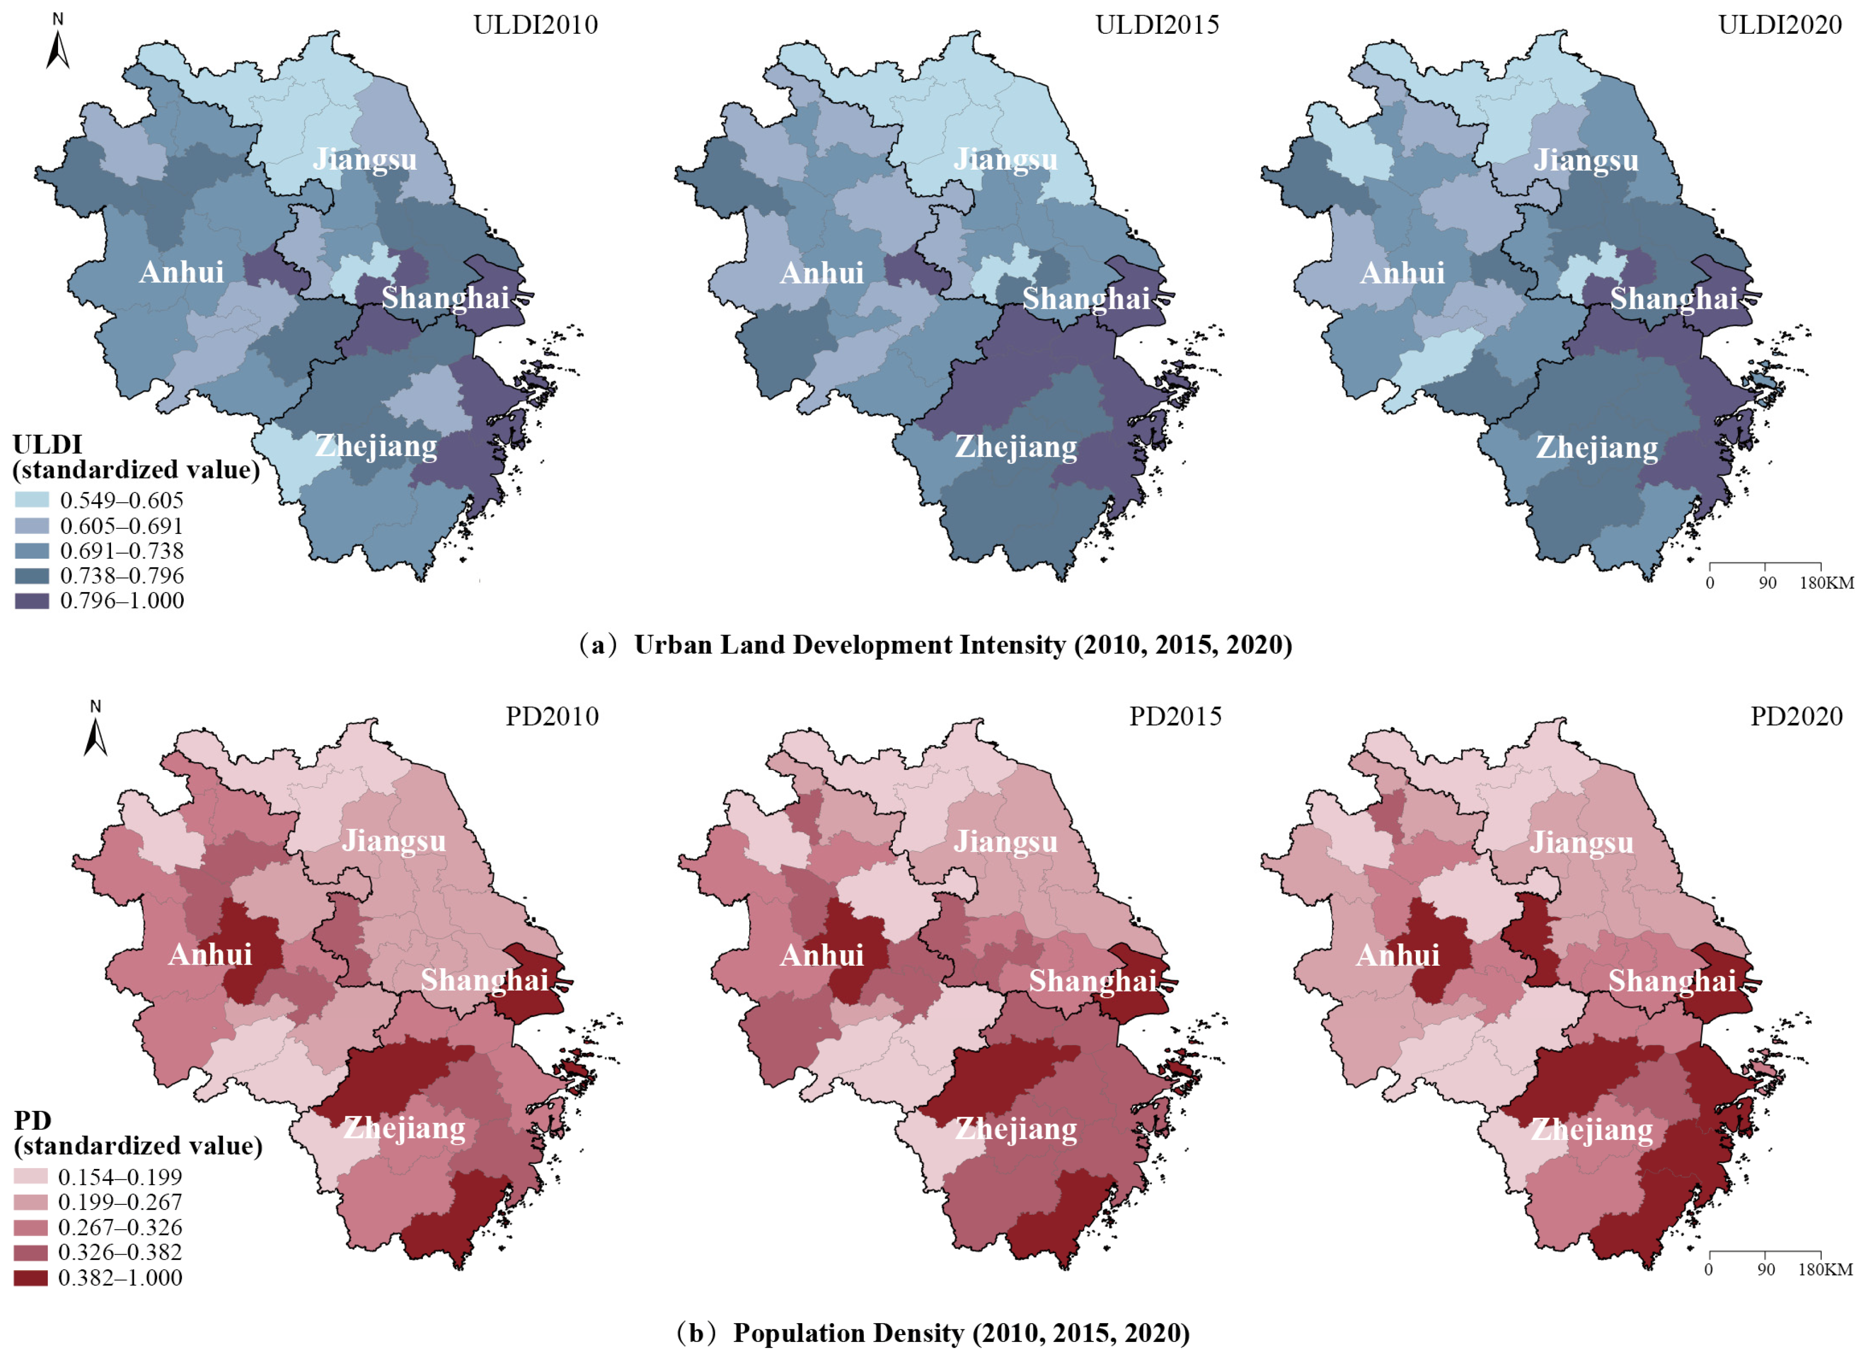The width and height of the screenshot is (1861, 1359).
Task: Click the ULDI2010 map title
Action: pyautogui.click(x=535, y=25)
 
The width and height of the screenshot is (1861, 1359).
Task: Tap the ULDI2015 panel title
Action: pyautogui.click(x=1156, y=25)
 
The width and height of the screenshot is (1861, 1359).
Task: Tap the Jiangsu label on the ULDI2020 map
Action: pyautogui.click(x=1586, y=160)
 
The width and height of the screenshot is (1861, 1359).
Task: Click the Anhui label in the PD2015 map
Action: pyautogui.click(x=821, y=955)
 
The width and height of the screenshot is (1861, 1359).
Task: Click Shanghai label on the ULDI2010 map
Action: pyautogui.click(x=445, y=298)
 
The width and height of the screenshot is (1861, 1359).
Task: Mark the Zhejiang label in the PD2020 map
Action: pyautogui.click(x=1591, y=1130)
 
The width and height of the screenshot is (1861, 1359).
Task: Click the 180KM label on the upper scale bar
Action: pyautogui.click(x=1826, y=583)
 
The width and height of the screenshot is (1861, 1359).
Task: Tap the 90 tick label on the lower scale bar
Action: pyautogui.click(x=1766, y=1269)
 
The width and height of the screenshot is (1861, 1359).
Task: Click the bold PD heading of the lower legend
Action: pyautogui.click(x=32, y=1120)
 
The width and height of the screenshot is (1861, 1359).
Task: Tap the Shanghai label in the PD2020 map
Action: pyautogui.click(x=1672, y=981)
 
